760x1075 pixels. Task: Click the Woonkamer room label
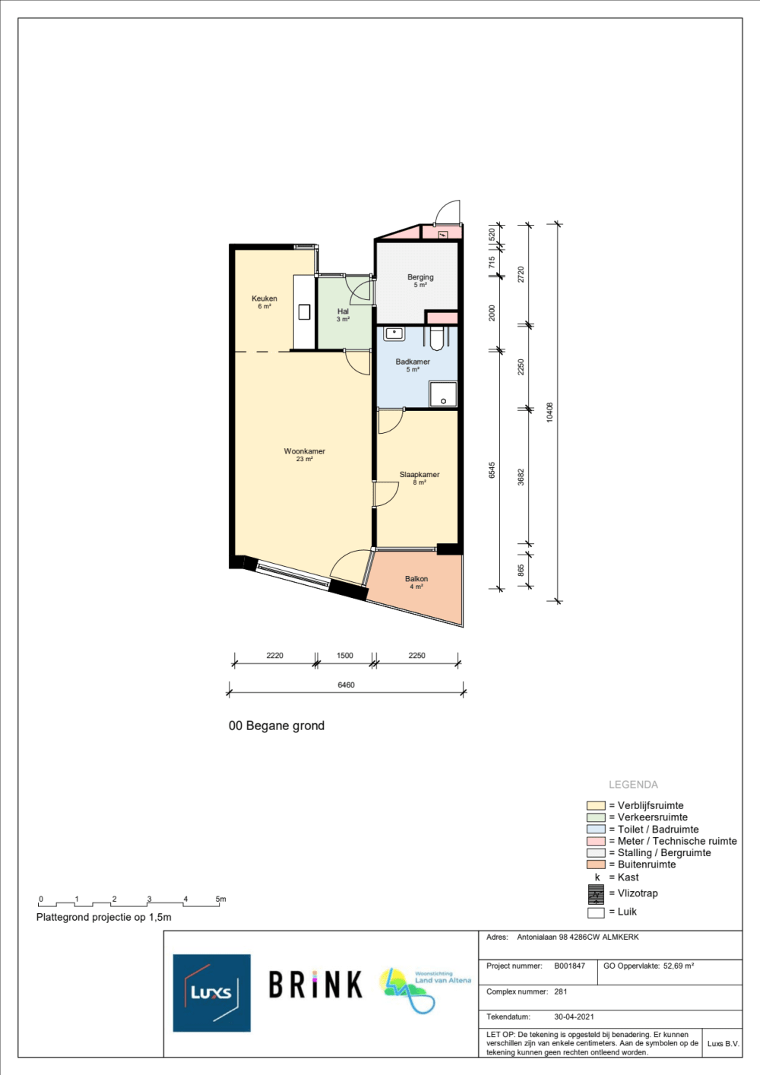(305, 451)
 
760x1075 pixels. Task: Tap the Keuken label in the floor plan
(264, 299)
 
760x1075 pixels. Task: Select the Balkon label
(416, 579)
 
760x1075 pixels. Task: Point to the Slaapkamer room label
(420, 475)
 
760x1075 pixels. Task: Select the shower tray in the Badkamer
(443, 394)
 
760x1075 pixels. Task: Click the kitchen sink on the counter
(305, 312)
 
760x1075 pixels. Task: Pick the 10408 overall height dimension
(549, 413)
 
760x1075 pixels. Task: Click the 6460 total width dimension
(346, 685)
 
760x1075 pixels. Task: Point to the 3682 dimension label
(521, 477)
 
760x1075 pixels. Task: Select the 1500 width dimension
(345, 656)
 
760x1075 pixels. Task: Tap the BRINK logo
(315, 985)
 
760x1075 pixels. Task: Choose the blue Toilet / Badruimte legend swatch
(596, 829)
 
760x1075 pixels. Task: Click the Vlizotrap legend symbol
(596, 894)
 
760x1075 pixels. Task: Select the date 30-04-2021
(574, 1017)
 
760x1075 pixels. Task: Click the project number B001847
(570, 966)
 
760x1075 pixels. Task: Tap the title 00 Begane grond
(277, 726)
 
